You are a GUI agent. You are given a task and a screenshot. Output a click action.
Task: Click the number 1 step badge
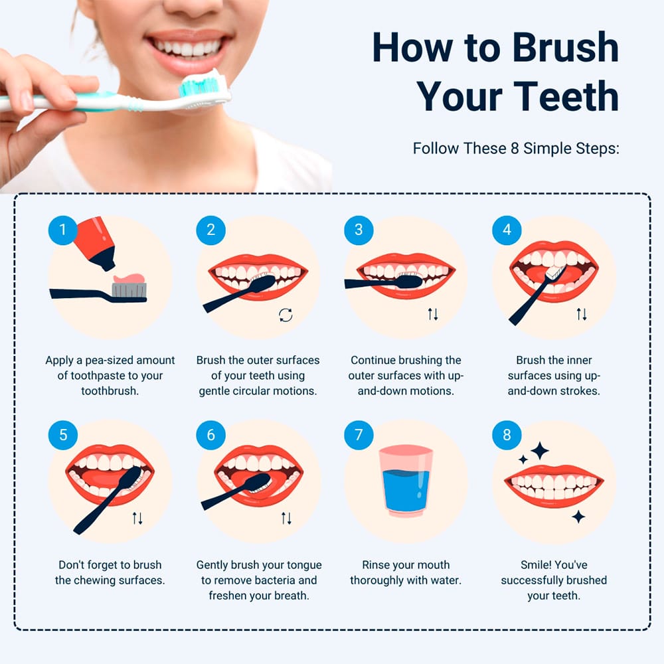(62, 230)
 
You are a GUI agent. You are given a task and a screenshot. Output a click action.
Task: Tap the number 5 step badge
(62, 435)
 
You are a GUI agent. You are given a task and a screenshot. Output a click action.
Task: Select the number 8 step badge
(507, 435)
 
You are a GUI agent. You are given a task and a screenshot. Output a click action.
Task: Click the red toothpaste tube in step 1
(94, 242)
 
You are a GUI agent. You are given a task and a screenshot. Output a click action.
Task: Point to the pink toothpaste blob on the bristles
(129, 278)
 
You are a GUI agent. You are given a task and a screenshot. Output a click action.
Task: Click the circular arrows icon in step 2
(286, 315)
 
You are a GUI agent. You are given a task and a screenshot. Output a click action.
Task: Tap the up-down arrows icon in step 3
(432, 314)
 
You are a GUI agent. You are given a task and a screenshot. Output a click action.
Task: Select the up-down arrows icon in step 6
(286, 518)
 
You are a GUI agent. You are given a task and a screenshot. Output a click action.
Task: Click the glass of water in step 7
(405, 481)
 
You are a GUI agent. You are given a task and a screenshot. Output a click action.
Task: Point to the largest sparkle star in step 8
(539, 451)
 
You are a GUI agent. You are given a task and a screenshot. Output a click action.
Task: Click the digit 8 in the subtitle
(515, 148)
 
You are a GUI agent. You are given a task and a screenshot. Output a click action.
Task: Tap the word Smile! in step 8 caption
(536, 564)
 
